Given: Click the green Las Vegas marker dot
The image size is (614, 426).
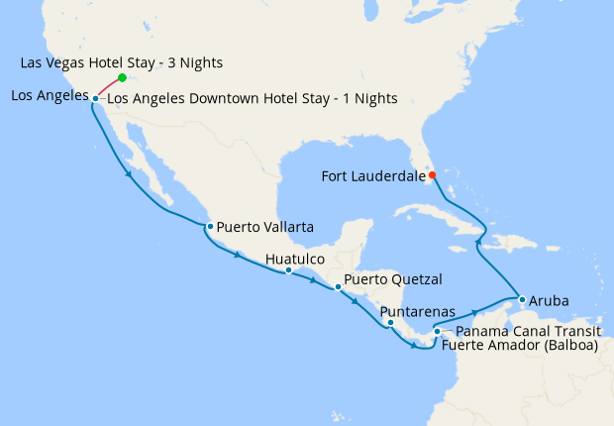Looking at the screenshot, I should [x=122, y=77].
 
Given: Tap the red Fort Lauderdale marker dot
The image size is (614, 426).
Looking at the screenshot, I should [x=432, y=175].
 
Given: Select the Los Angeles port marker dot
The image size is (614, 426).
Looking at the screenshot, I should [x=95, y=98].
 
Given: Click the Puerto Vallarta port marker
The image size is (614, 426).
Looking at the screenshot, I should [x=210, y=227].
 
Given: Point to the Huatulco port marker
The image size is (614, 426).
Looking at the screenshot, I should [x=288, y=269].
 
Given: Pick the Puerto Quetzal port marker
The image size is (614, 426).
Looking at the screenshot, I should [x=338, y=286].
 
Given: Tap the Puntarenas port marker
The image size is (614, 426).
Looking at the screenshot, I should [x=390, y=322].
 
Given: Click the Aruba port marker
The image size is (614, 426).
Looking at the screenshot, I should [x=521, y=299].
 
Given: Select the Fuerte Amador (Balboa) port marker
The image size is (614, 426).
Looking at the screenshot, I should [x=437, y=332].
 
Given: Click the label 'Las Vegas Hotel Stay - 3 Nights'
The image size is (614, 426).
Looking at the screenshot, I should [x=121, y=62].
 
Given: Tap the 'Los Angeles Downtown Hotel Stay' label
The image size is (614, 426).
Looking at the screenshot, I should [x=252, y=98].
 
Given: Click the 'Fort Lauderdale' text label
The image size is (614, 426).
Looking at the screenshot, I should [x=373, y=176].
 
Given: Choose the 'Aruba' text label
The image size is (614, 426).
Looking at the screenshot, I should [x=549, y=299].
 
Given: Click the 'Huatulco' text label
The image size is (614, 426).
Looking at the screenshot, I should [x=295, y=259].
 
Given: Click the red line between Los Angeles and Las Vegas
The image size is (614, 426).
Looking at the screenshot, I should [x=108, y=88].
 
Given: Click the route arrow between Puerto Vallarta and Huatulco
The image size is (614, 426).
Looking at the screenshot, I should [x=239, y=256].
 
